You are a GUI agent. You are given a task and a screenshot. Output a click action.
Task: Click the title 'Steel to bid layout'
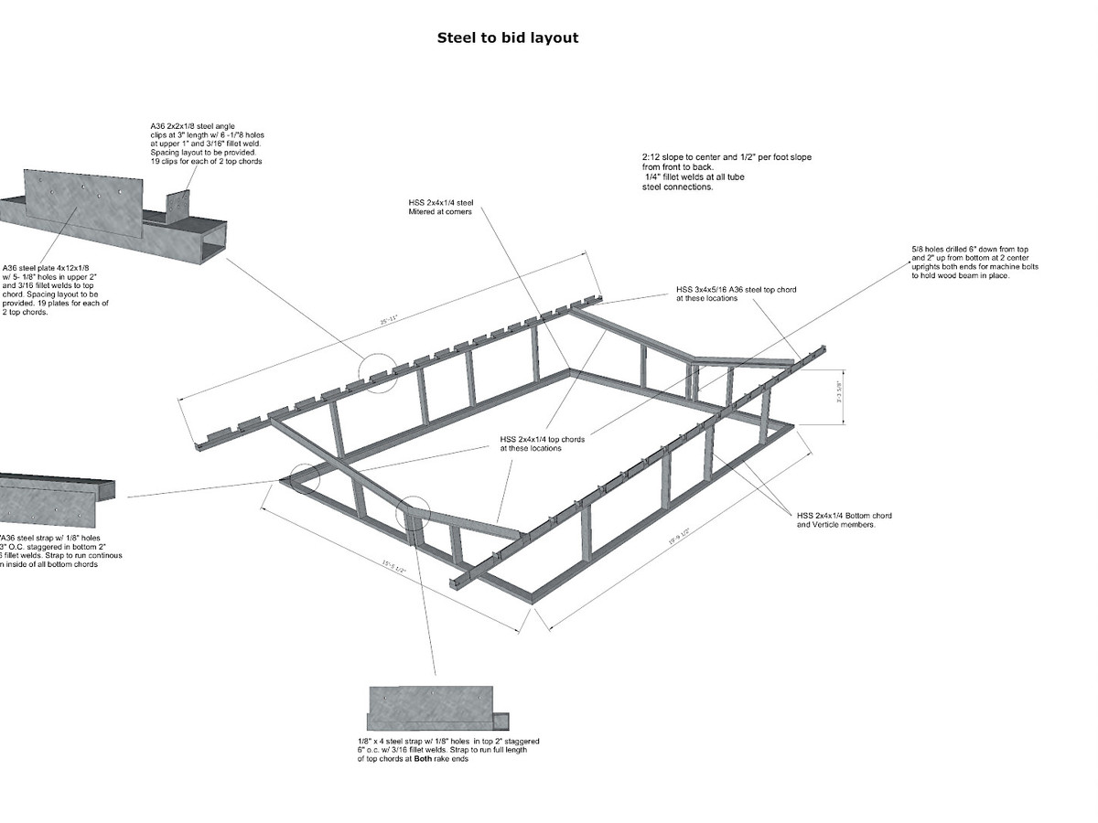(507, 38)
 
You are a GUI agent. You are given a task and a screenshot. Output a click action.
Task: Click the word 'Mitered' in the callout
(424, 212)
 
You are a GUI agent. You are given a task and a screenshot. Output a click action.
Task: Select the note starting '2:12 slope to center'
(727, 157)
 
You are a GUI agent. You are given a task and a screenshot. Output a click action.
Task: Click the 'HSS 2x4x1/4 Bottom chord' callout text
(845, 516)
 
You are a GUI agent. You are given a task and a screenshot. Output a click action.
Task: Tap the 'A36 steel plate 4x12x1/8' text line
(47, 268)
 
